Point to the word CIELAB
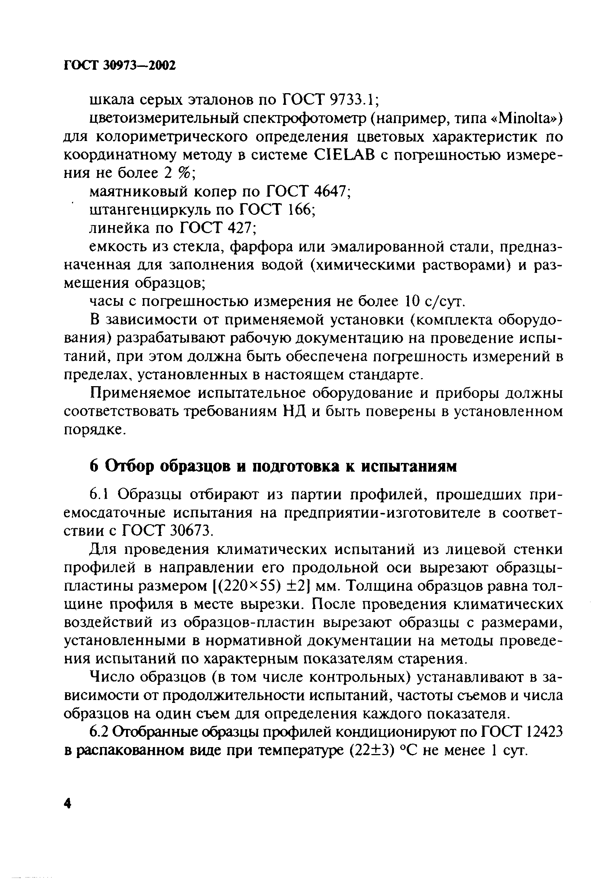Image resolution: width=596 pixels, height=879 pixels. [343, 155]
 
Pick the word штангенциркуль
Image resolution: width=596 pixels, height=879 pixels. [149, 210]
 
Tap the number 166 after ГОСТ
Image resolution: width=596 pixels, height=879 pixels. [299, 210]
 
